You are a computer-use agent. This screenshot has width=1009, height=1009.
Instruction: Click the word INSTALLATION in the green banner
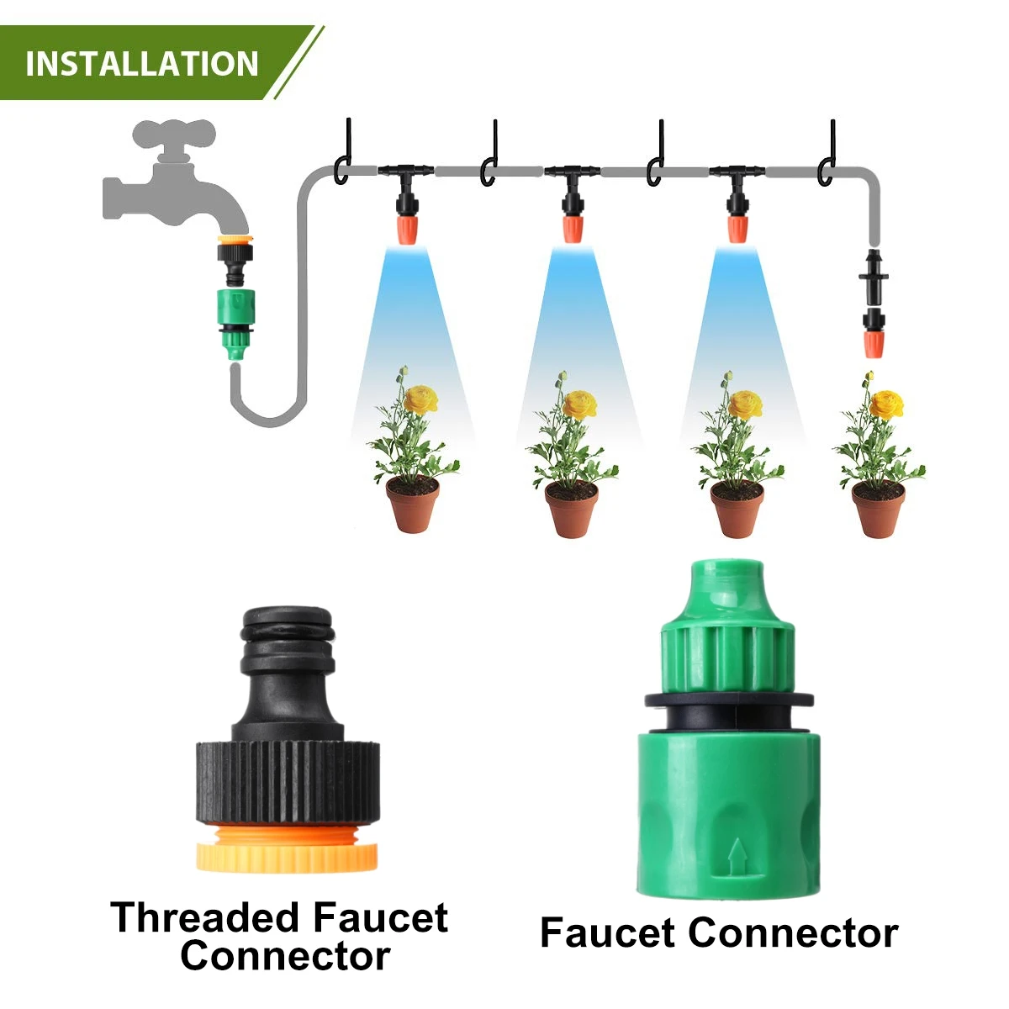coord(142,64)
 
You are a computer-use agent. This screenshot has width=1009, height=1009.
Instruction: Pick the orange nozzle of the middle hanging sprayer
coord(573,227)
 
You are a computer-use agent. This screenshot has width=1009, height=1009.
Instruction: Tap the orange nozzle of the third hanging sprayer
coord(738,227)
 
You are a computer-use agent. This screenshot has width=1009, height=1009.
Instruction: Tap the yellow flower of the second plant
coord(579,404)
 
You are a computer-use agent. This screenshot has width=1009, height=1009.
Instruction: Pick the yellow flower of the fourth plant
coord(885,404)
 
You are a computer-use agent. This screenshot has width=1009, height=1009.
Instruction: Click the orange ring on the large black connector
coord(287,847)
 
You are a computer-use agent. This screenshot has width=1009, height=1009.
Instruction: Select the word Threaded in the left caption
coord(204,917)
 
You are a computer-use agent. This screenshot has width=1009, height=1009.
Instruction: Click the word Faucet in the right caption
coord(608,933)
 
